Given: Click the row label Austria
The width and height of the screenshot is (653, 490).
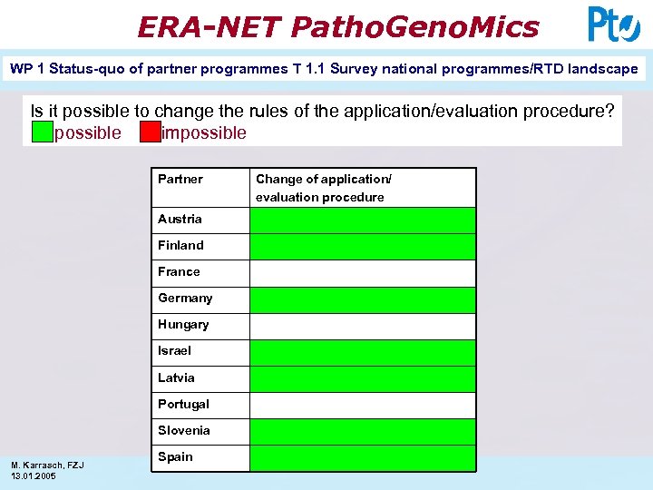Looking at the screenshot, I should pos(180,219).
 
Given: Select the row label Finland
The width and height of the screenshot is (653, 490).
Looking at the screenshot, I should pos(180,245).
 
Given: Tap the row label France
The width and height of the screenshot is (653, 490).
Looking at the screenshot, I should pos(179,271).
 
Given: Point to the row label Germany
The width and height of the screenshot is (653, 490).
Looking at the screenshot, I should pos(185,298).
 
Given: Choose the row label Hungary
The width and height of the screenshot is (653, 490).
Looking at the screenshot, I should pos(183,324).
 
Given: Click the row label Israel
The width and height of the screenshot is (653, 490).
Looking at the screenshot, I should pos(174,350).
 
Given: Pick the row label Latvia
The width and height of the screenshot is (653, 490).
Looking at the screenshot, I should pos(176,377).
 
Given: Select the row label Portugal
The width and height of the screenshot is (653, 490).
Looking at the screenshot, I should pos(183,404).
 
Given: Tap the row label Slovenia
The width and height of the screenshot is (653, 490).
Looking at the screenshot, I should pos(184,430).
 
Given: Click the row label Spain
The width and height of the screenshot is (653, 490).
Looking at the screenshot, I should pos(175,456).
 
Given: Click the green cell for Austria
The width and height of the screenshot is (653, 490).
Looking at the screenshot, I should pos(362,220).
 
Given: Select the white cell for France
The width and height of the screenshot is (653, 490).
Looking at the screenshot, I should pos(362,273).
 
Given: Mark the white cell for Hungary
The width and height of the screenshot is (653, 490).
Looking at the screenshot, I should pos(362,326).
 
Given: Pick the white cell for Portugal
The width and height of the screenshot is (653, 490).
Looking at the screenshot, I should pos(362,406).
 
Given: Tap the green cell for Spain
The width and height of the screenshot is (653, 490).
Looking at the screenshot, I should pos(362,458).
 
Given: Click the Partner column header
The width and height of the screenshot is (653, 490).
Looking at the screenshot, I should pos(180,179).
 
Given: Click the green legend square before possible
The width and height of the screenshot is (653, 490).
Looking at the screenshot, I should pos(42,133).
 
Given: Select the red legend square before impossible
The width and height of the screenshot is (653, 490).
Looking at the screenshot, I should pos(150,133).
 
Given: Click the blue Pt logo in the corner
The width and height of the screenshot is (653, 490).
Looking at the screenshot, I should pos(613,24).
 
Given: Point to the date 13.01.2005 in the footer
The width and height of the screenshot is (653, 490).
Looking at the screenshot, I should pos(33,476).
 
